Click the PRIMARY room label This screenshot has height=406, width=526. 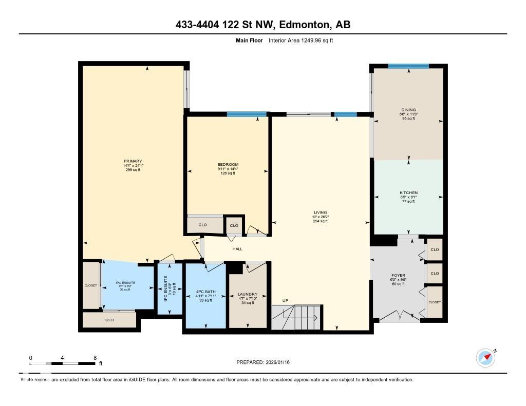(x=133, y=161)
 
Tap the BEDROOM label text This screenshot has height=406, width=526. (x=228, y=164)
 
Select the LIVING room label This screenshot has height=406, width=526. (x=321, y=212)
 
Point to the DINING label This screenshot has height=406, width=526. (x=408, y=109)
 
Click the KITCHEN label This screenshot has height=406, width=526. (x=408, y=193)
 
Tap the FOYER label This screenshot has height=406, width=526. (x=398, y=275)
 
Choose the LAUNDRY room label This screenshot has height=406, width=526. (x=248, y=295)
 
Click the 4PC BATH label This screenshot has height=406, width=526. (x=205, y=292)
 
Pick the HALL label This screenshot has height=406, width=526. (x=237, y=249)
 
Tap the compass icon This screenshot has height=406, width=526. (x=485, y=357)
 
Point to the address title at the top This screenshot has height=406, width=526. (x=263, y=25)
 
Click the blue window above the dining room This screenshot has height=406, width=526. (x=408, y=66)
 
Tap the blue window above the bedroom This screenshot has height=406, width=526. (x=247, y=114)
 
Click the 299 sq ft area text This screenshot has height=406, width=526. (x=133, y=170)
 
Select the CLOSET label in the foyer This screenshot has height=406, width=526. (x=435, y=302)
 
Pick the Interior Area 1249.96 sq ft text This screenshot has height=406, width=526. (x=300, y=41)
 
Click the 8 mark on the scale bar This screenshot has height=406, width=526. (x=95, y=358)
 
